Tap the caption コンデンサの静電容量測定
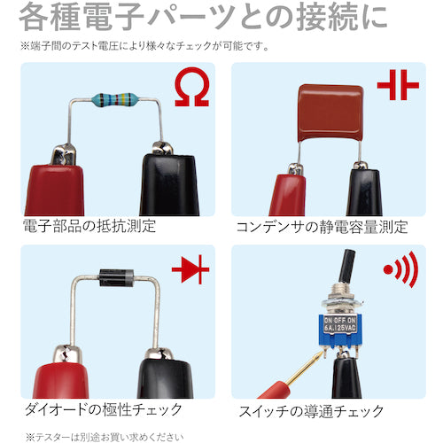tap(322, 226)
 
